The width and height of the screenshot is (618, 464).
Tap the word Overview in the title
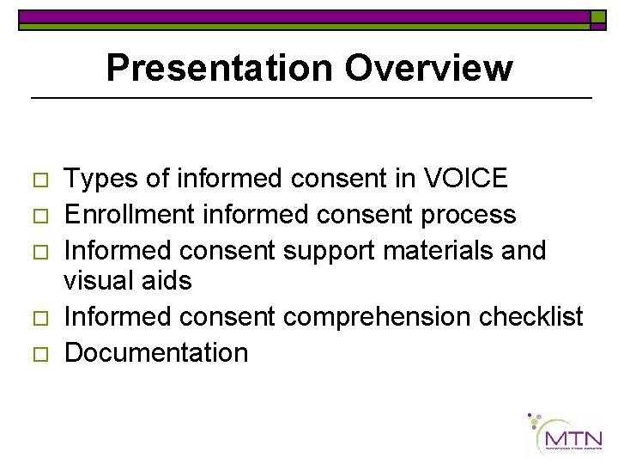(426, 68)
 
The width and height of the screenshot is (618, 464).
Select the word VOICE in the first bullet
(466, 179)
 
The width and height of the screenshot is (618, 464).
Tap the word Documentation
(156, 352)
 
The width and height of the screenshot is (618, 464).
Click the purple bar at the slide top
(305, 16)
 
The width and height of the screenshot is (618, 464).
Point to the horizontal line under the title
(311, 99)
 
